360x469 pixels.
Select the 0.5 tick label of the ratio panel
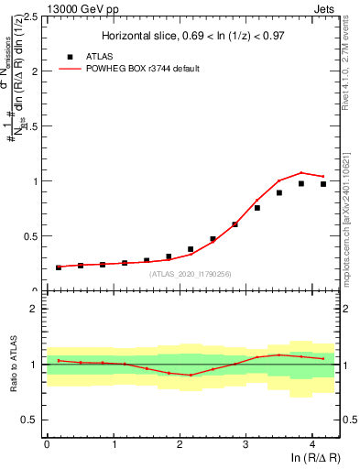(x=30, y=420)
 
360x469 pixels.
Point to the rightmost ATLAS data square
(x=323, y=184)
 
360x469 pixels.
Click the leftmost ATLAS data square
(x=59, y=267)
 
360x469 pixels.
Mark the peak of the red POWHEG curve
(x=301, y=172)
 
